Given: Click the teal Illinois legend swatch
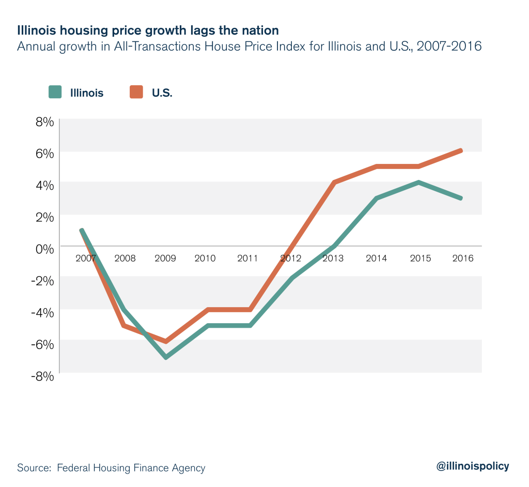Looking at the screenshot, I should tap(55, 93).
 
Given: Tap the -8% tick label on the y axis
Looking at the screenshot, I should tap(42, 376).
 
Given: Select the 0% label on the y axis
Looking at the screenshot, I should tap(44, 249).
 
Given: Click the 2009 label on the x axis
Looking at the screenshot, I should tap(165, 258).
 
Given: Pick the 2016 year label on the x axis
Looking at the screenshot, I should tap(462, 258).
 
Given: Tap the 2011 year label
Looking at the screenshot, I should tap(247, 258).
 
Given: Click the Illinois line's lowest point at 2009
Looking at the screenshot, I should tap(166, 357).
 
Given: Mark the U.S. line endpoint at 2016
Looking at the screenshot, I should tap(460, 150).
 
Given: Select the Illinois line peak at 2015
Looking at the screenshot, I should tap(418, 182).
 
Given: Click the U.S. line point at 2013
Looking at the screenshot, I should tap(334, 182).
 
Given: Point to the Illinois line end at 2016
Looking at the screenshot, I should tap(460, 198).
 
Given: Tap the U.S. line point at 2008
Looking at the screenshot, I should tap(124, 326).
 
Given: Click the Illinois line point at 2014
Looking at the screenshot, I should tap(377, 198).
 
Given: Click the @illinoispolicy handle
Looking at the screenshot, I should tap(473, 466).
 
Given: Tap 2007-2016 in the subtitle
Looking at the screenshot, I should tap(449, 46).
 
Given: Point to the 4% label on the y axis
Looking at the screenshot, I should tap(44, 185).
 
